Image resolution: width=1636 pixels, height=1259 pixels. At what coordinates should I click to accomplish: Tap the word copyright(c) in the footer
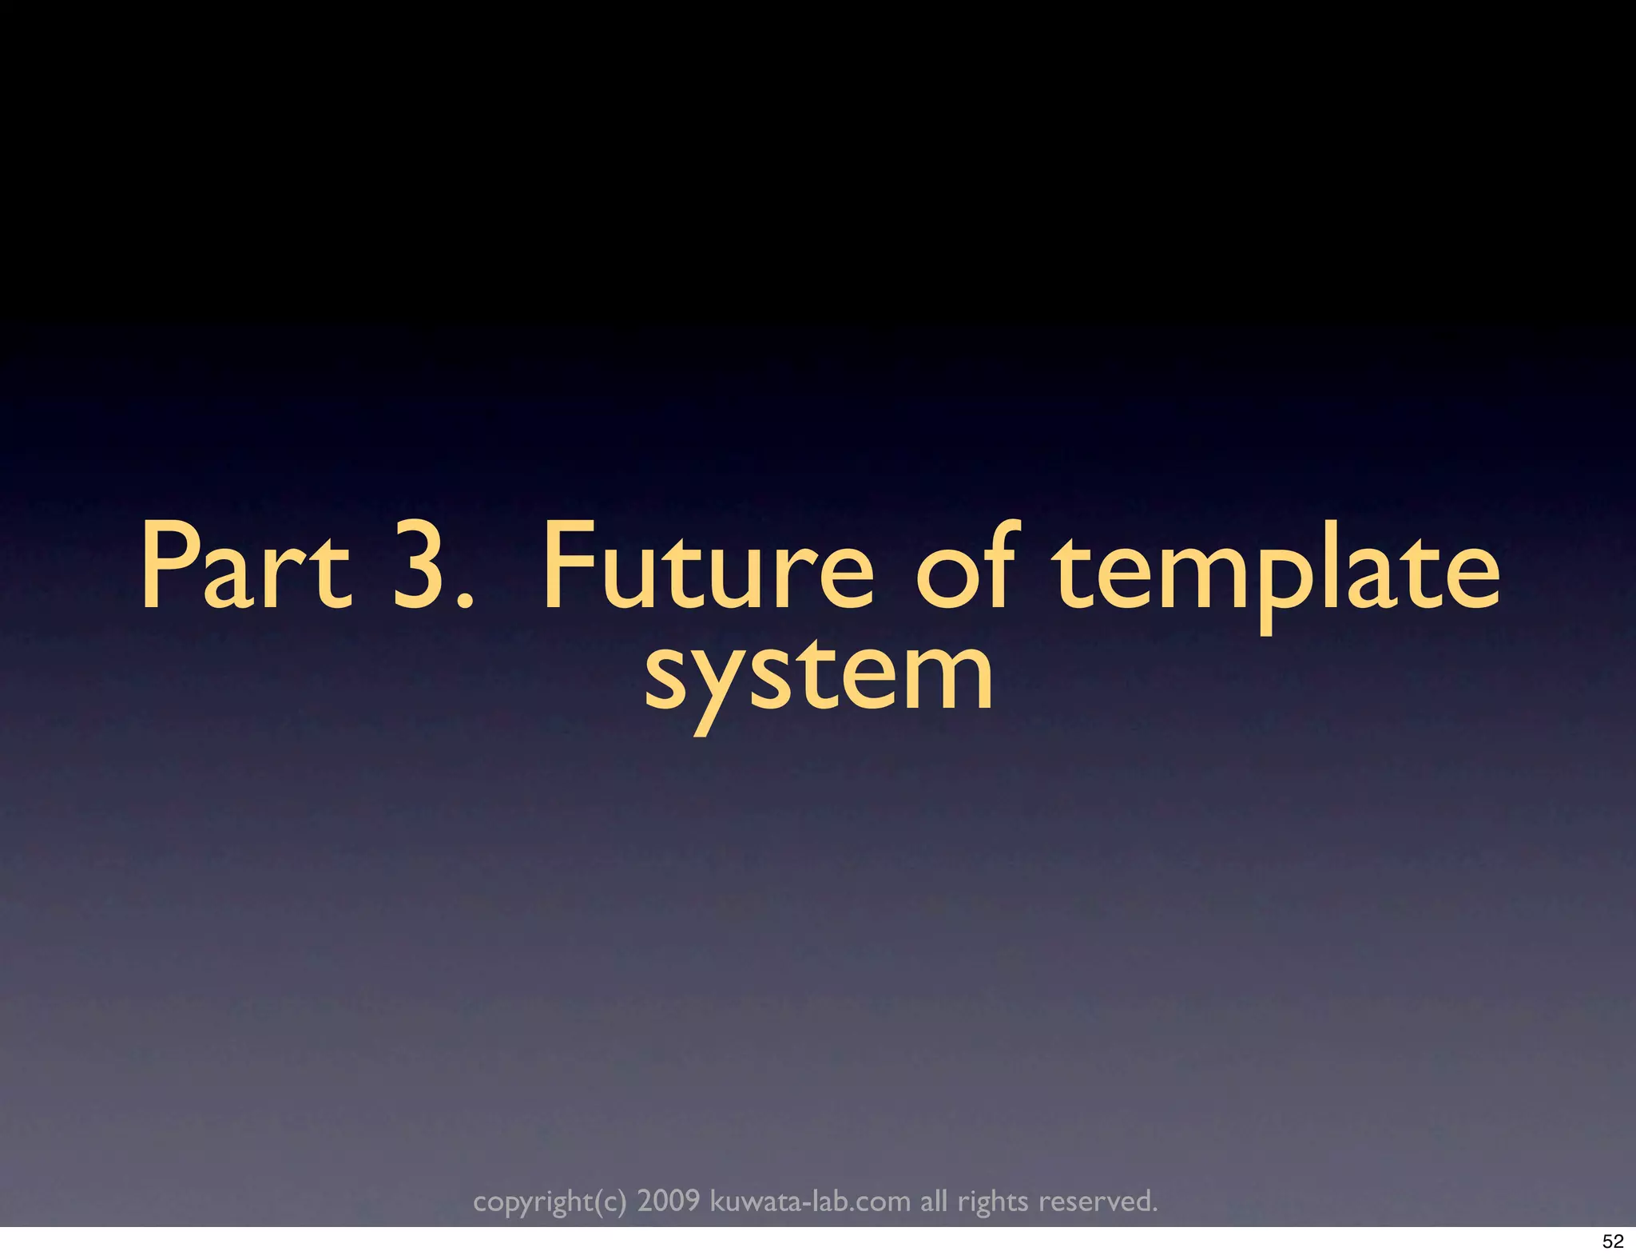550,1201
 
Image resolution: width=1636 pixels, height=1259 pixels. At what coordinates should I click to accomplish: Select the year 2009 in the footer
669,1200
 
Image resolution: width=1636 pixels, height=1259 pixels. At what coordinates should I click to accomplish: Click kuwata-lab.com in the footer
810,1200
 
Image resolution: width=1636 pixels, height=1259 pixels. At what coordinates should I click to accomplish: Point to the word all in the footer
934,1200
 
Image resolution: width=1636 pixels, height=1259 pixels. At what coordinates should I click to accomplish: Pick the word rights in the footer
993,1201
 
